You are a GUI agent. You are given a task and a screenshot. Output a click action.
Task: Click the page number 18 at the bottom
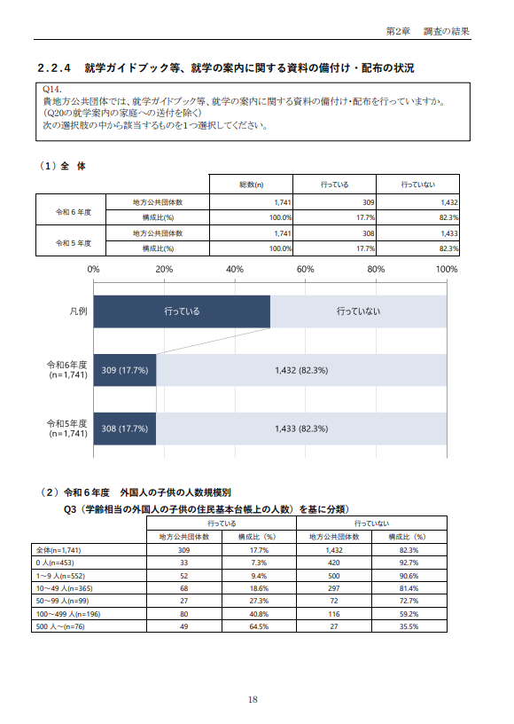point(253,700)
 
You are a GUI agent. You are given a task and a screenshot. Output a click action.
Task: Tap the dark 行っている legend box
point(182,311)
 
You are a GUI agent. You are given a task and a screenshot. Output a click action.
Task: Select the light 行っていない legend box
point(358,311)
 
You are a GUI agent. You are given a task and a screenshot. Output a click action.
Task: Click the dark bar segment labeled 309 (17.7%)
point(125,370)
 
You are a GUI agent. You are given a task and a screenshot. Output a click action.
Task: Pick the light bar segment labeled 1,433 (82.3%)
point(301,429)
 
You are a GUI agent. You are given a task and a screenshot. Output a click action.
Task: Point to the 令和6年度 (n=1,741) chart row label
point(67,370)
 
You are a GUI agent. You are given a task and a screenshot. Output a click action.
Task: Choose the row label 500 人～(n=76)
point(60,626)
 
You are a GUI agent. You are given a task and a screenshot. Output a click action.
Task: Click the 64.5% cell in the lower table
point(259,626)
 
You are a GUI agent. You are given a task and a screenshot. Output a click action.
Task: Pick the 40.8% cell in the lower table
point(259,614)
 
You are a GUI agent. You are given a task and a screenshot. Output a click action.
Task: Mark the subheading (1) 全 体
point(62,166)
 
